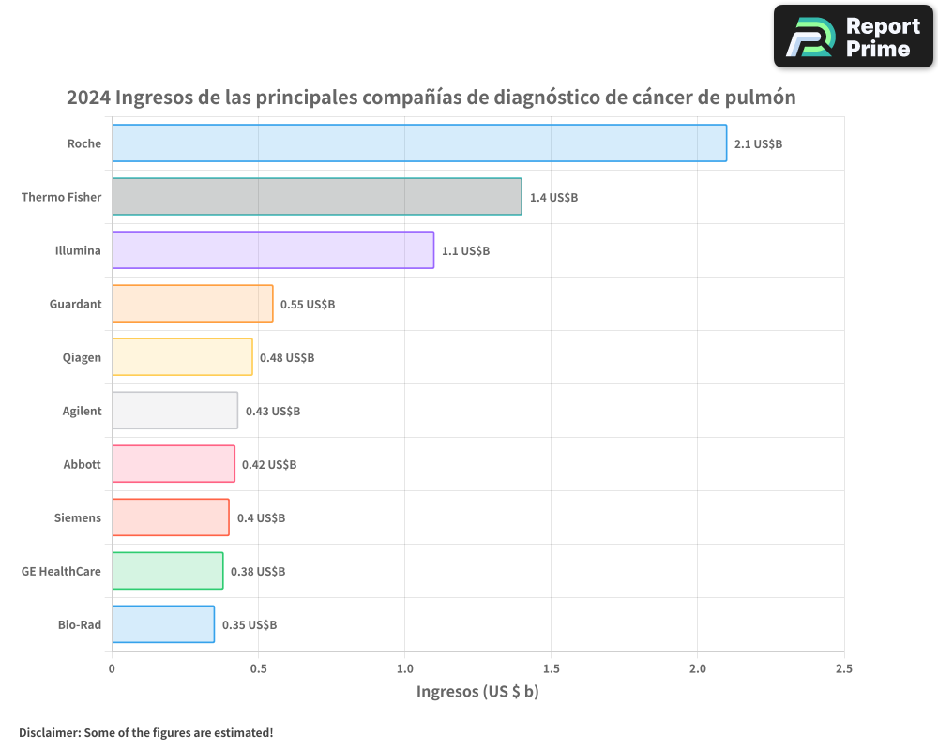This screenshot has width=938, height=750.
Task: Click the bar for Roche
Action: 418,142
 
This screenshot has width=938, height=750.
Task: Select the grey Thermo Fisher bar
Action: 316,196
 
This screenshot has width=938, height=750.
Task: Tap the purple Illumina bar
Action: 272,249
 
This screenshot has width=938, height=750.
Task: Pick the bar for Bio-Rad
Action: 162,623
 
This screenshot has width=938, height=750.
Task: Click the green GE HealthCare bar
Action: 167,570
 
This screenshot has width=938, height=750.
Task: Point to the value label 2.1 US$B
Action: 758,144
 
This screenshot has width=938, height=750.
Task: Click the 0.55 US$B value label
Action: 308,305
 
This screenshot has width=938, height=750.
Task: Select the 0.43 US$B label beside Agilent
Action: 273,412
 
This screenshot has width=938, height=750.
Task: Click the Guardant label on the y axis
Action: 75,304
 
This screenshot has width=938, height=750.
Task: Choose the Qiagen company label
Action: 82,357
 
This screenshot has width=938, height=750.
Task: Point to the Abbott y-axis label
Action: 82,464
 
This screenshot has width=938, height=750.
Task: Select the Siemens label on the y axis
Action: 77,517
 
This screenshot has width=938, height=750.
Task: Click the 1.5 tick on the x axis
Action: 551,668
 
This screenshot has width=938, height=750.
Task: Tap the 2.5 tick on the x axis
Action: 844,668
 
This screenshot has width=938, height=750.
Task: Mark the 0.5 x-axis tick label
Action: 258,668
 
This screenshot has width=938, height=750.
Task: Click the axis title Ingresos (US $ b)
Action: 477,692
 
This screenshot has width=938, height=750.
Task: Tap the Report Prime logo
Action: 853,37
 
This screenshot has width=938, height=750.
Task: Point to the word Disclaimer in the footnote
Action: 49,732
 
